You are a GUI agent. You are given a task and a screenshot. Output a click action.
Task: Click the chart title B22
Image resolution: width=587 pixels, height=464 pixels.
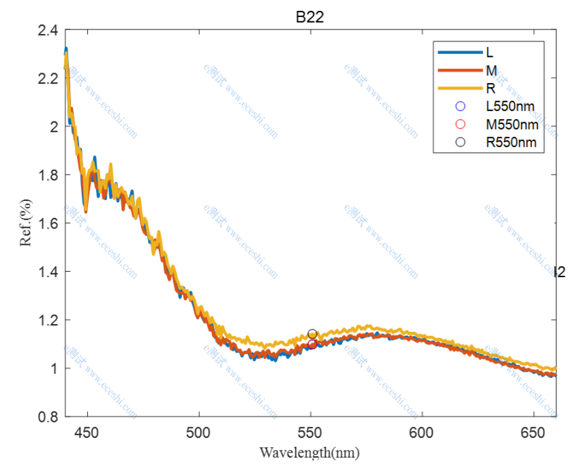tap(310, 17)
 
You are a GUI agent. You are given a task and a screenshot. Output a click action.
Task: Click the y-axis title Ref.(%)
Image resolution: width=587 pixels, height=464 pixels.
tap(25, 222)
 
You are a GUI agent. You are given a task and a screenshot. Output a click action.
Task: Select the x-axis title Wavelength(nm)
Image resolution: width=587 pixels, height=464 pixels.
tap(310, 452)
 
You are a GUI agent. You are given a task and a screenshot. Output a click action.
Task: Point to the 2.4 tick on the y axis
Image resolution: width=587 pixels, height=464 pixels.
tap(49, 30)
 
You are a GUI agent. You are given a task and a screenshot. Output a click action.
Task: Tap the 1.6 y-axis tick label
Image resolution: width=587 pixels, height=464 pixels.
tap(49, 223)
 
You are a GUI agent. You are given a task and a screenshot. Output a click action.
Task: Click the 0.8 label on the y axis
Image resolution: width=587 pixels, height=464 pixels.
tap(49, 416)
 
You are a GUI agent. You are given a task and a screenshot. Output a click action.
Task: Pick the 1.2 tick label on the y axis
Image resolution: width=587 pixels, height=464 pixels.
tap(49, 320)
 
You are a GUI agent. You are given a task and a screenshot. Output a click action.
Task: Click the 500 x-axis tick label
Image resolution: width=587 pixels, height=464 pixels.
tap(199, 433)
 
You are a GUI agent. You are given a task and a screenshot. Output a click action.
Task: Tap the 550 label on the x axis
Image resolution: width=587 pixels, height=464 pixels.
tap(310, 433)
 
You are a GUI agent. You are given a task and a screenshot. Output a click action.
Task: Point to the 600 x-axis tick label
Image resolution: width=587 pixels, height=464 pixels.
tap(421, 433)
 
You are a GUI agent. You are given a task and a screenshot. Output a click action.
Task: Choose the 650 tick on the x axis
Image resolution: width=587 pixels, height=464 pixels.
tap(533, 433)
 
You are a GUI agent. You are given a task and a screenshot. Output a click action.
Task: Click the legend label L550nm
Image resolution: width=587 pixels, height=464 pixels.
tap(510, 106)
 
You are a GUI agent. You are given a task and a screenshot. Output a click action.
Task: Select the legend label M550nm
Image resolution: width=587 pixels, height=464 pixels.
tap(512, 125)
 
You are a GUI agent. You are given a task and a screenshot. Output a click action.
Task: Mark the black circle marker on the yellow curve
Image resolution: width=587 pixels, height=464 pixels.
tap(312, 334)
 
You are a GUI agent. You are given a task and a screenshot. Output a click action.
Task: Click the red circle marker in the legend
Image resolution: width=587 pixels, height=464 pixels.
tap(461, 125)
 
